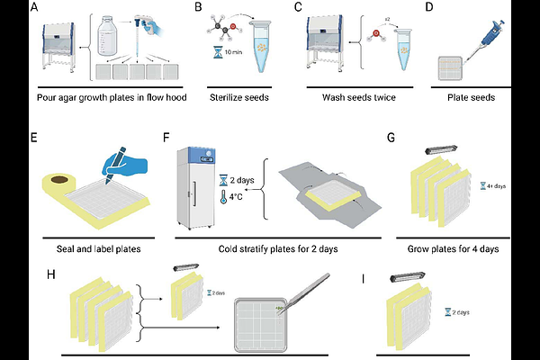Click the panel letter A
pyautogui.click(x=33, y=9)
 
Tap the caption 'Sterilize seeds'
pyautogui.click(x=238, y=97)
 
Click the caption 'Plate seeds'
pyautogui.click(x=475, y=97)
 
